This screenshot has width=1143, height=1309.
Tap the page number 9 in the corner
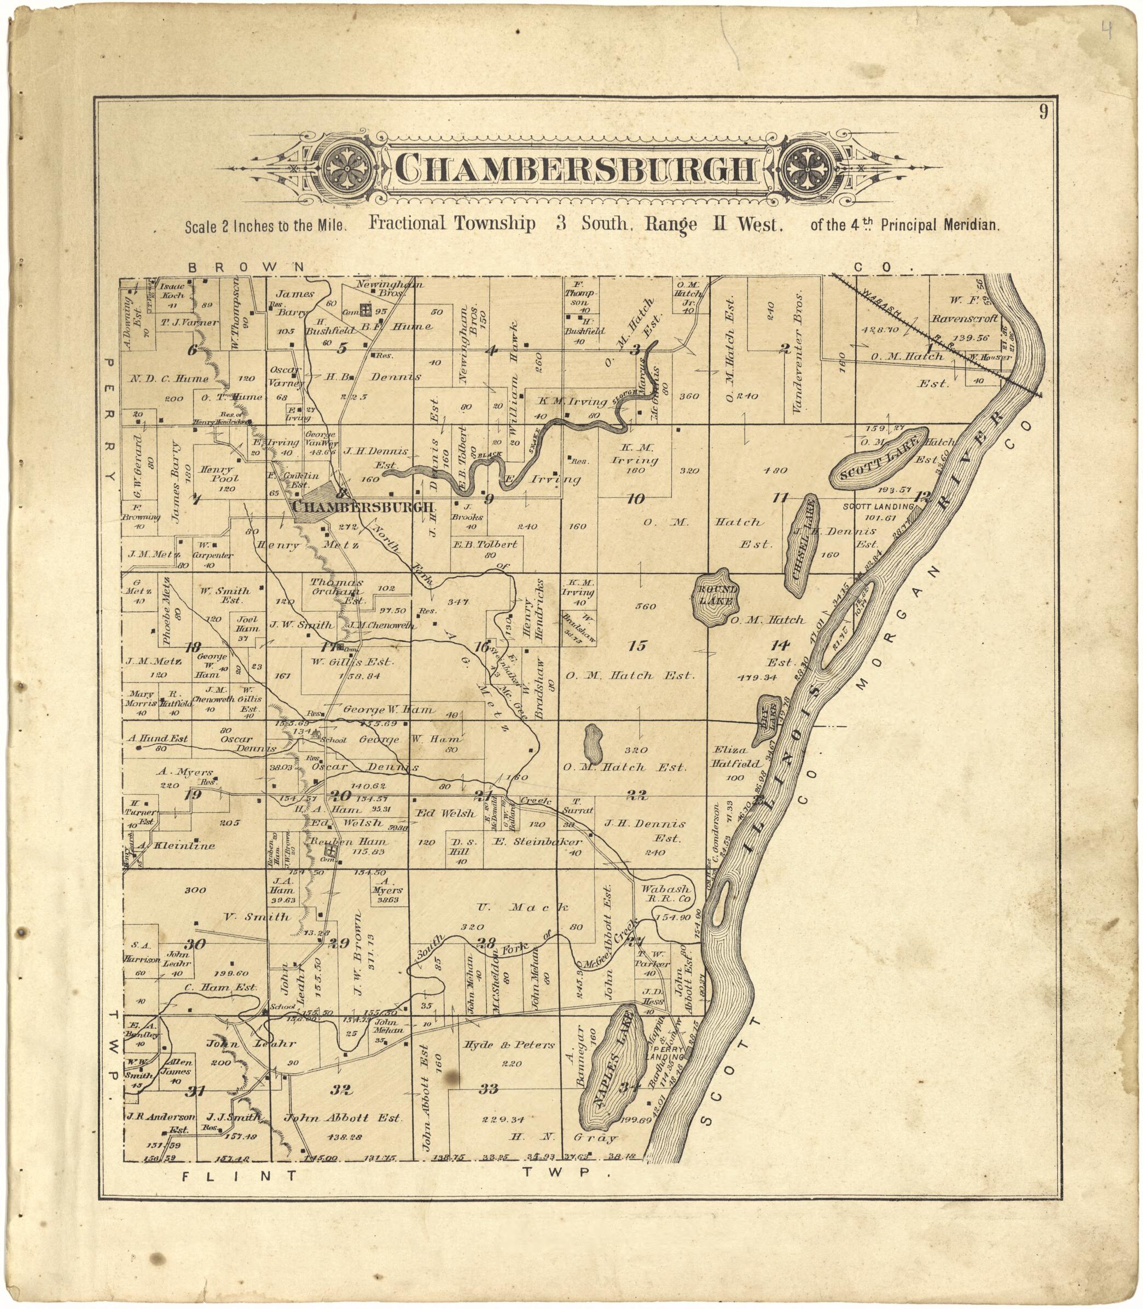coord(1043,112)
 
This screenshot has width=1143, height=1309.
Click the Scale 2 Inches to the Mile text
coord(265,226)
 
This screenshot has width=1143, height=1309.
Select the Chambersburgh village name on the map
coord(364,507)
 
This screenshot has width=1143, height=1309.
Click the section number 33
coord(488,1088)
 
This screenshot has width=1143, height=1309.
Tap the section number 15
coord(636,646)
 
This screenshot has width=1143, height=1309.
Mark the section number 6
coord(192,350)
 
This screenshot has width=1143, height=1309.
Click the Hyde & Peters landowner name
coord(508,1045)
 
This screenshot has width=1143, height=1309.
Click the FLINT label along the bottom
coord(239,1175)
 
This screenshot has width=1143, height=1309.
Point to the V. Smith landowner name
coord(257,917)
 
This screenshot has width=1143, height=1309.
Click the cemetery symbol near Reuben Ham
coord(330,850)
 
